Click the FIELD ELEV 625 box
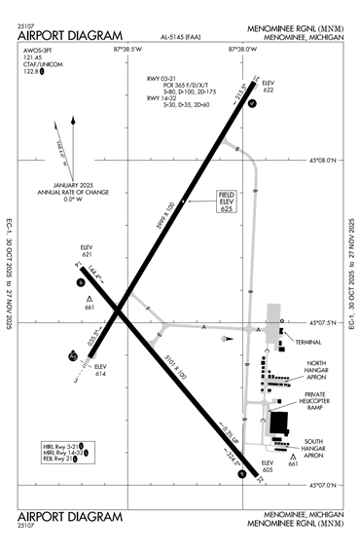226,202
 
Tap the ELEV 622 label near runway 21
269,88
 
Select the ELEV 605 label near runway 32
268,465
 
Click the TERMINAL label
309,343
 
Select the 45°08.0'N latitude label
322,160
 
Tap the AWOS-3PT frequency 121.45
35,63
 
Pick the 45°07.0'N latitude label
322,485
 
